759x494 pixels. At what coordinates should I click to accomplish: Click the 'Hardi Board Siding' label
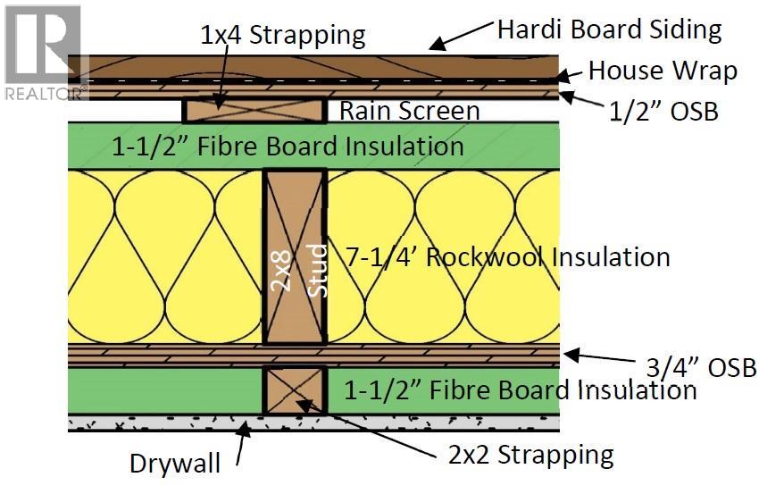(x=609, y=29)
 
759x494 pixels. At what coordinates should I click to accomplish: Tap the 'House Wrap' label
(x=663, y=71)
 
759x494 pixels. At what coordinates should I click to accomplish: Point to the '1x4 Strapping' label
(x=283, y=36)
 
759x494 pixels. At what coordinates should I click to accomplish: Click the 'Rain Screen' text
(x=409, y=111)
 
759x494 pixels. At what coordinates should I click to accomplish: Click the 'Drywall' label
(x=174, y=464)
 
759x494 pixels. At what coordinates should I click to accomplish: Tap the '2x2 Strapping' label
(x=530, y=455)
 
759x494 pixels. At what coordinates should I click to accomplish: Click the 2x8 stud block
(x=295, y=259)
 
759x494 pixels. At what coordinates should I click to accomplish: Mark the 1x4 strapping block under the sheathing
(x=254, y=110)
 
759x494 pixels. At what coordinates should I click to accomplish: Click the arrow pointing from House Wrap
(x=570, y=75)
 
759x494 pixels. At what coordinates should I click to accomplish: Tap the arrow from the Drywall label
(x=242, y=447)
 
